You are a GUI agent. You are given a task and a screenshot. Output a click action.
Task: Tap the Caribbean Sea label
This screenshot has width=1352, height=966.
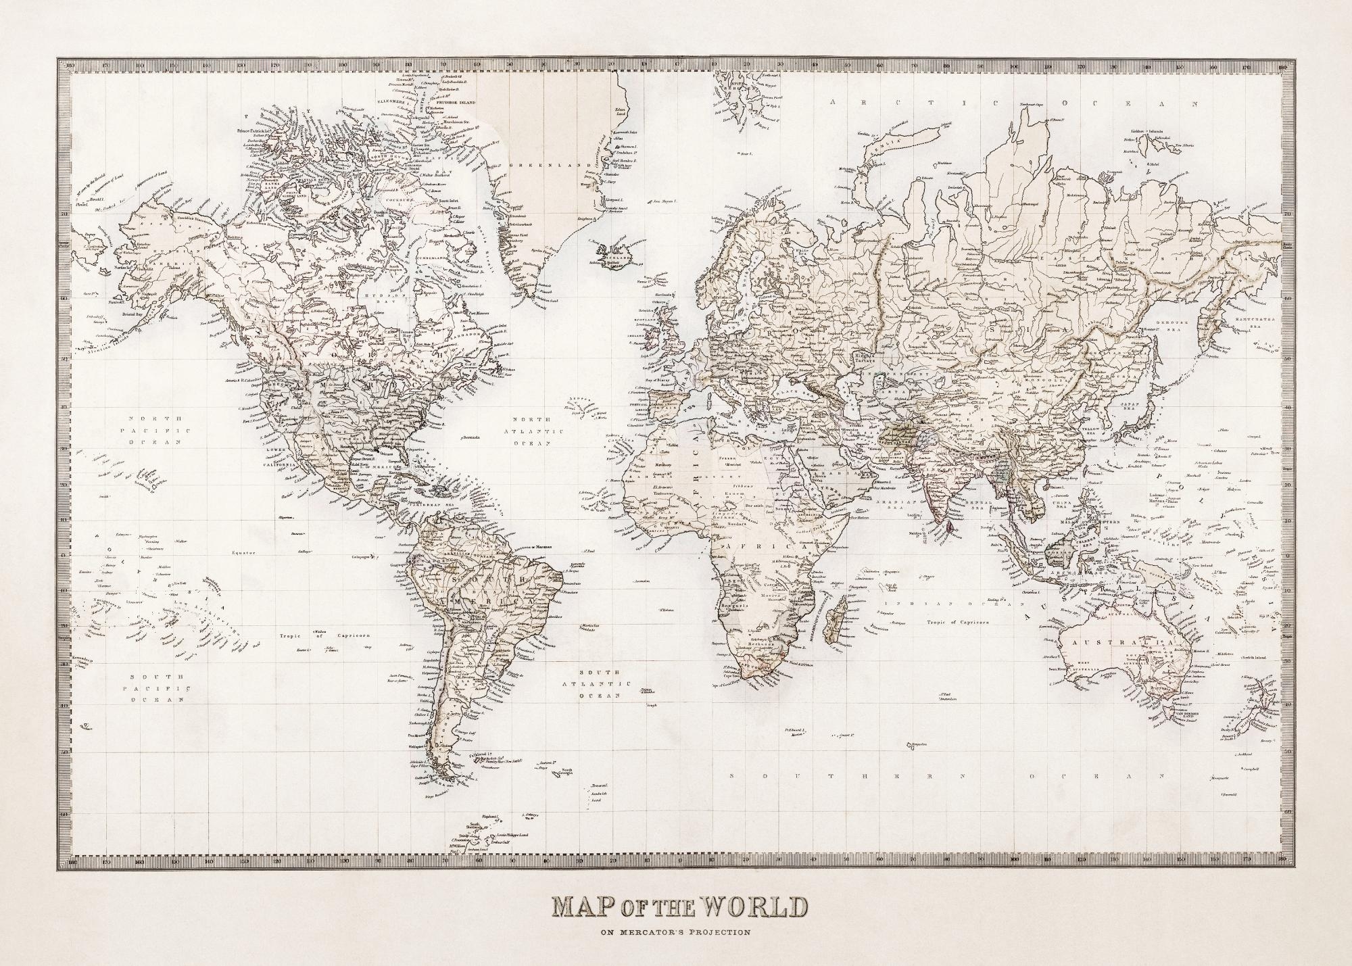[x=439, y=504]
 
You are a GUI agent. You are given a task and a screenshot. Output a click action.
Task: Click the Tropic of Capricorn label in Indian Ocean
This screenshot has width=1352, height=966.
[x=959, y=621]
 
